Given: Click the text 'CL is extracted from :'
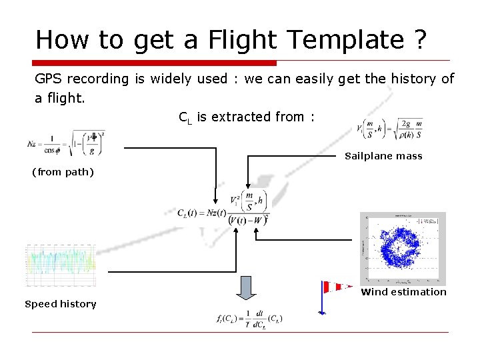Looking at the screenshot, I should pyautogui.click(x=246, y=117).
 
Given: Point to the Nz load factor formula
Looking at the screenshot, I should pyautogui.click(x=66, y=142).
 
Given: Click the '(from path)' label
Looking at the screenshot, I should pyautogui.click(x=63, y=172).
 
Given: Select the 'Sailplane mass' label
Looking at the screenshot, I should pyautogui.click(x=383, y=157).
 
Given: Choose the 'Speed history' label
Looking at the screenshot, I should pyautogui.click(x=61, y=304).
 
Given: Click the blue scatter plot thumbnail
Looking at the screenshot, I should pyautogui.click(x=403, y=248).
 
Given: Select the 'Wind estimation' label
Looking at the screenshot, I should pyautogui.click(x=403, y=292).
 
